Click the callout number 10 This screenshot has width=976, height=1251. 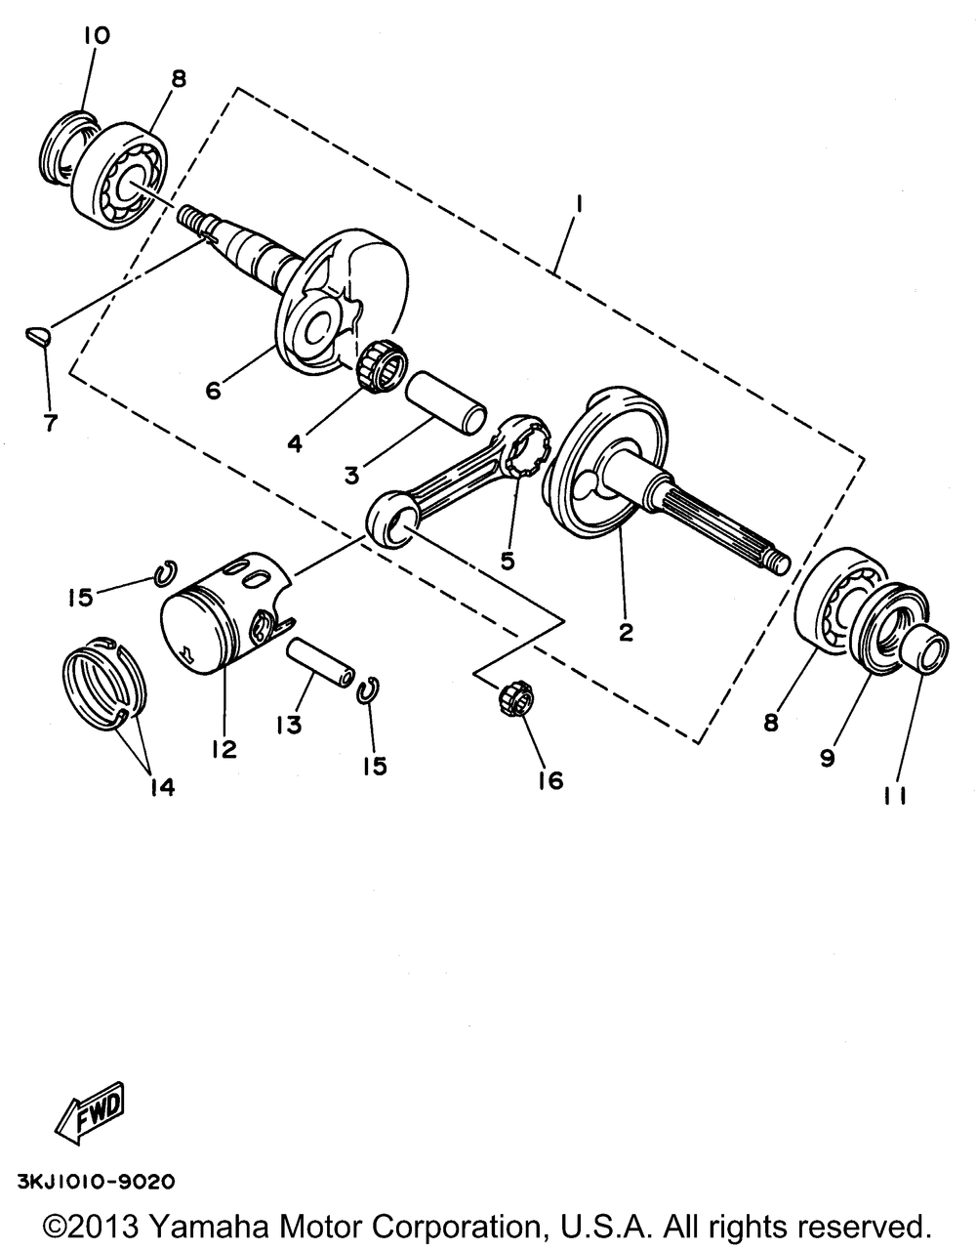tap(97, 36)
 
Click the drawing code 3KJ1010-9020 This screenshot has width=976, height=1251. tap(96, 1181)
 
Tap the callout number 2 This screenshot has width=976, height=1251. tap(625, 632)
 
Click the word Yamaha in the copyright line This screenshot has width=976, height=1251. tap(216, 1226)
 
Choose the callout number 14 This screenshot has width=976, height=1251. tap(161, 786)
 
